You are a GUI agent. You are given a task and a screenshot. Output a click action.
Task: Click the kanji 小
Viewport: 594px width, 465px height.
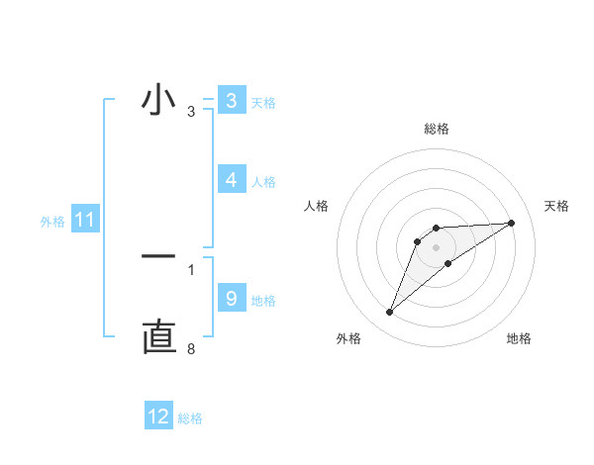pyautogui.click(x=158, y=101)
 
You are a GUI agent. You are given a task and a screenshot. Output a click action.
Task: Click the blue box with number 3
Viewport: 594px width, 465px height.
pyautogui.click(x=231, y=101)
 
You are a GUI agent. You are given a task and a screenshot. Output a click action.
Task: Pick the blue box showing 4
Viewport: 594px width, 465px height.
pyautogui.click(x=231, y=180)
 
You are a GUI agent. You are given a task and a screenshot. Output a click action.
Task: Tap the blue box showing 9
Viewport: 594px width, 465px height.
pyautogui.click(x=231, y=299)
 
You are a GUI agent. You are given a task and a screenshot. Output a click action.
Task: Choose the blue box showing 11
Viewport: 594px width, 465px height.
pyautogui.click(x=84, y=221)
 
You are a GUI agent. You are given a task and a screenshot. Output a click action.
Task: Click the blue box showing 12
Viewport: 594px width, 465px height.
pyautogui.click(x=158, y=417)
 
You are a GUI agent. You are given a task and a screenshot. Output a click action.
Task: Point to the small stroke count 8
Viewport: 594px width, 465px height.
pyautogui.click(x=191, y=349)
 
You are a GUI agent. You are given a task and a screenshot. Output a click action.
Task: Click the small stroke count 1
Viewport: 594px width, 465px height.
pyautogui.click(x=191, y=269)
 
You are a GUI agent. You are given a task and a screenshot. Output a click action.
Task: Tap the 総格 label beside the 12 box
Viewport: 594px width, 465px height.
pyautogui.click(x=190, y=418)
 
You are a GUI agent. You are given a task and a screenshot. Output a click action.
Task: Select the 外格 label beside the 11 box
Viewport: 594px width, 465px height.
pyautogui.click(x=52, y=222)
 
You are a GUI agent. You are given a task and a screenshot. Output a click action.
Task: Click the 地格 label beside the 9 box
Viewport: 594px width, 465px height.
pyautogui.click(x=263, y=300)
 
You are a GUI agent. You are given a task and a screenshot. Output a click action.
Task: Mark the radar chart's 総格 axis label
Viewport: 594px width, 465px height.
pyautogui.click(x=436, y=129)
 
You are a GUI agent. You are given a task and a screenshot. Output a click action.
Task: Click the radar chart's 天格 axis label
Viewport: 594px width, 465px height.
pyautogui.click(x=556, y=206)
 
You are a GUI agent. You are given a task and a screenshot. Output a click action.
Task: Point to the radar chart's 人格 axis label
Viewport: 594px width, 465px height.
pyautogui.click(x=316, y=206)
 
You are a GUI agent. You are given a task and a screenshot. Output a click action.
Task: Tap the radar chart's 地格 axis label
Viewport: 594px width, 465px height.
pyautogui.click(x=519, y=338)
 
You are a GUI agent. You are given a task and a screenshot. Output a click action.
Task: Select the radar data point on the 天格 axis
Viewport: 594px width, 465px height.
pyautogui.click(x=511, y=223)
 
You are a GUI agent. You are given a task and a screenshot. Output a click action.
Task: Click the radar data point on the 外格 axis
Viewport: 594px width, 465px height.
pyautogui.click(x=390, y=313)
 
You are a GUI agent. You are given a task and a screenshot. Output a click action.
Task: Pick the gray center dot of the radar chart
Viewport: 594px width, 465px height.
pyautogui.click(x=436, y=247)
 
